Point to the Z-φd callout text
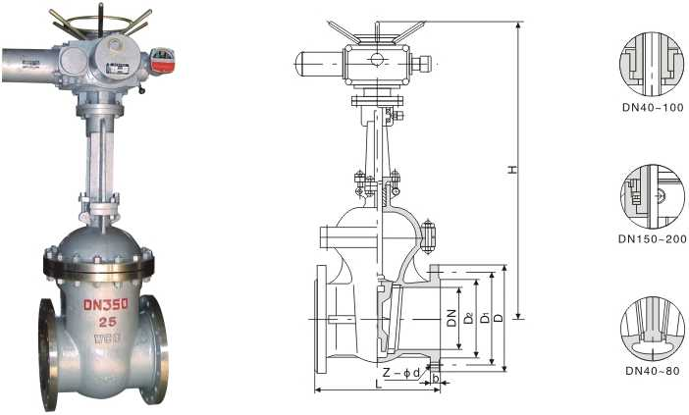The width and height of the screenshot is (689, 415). click(x=401, y=372)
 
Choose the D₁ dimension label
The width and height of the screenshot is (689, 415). click(x=484, y=320)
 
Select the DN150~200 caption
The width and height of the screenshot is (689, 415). click(x=652, y=237)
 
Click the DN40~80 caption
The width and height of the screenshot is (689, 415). click(x=652, y=371)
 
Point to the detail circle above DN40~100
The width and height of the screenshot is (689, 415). click(x=652, y=62)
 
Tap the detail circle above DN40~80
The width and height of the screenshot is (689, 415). click(x=652, y=329)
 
